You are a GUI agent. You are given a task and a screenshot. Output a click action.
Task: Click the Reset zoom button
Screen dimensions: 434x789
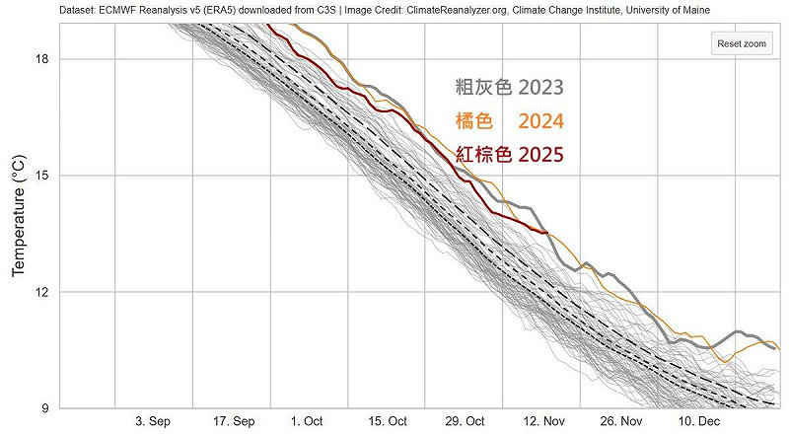(x=742, y=44)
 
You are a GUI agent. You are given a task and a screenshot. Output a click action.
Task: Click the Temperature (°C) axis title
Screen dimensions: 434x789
(x=18, y=214)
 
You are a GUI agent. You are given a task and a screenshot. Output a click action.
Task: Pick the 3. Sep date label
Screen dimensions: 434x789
(x=153, y=421)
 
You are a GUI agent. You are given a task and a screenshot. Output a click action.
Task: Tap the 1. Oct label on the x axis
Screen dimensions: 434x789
(x=308, y=421)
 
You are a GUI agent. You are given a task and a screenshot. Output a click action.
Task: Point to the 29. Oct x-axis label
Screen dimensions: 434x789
(x=463, y=421)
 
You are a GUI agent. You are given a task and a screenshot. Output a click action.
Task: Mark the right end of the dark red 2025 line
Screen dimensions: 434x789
(x=546, y=232)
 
